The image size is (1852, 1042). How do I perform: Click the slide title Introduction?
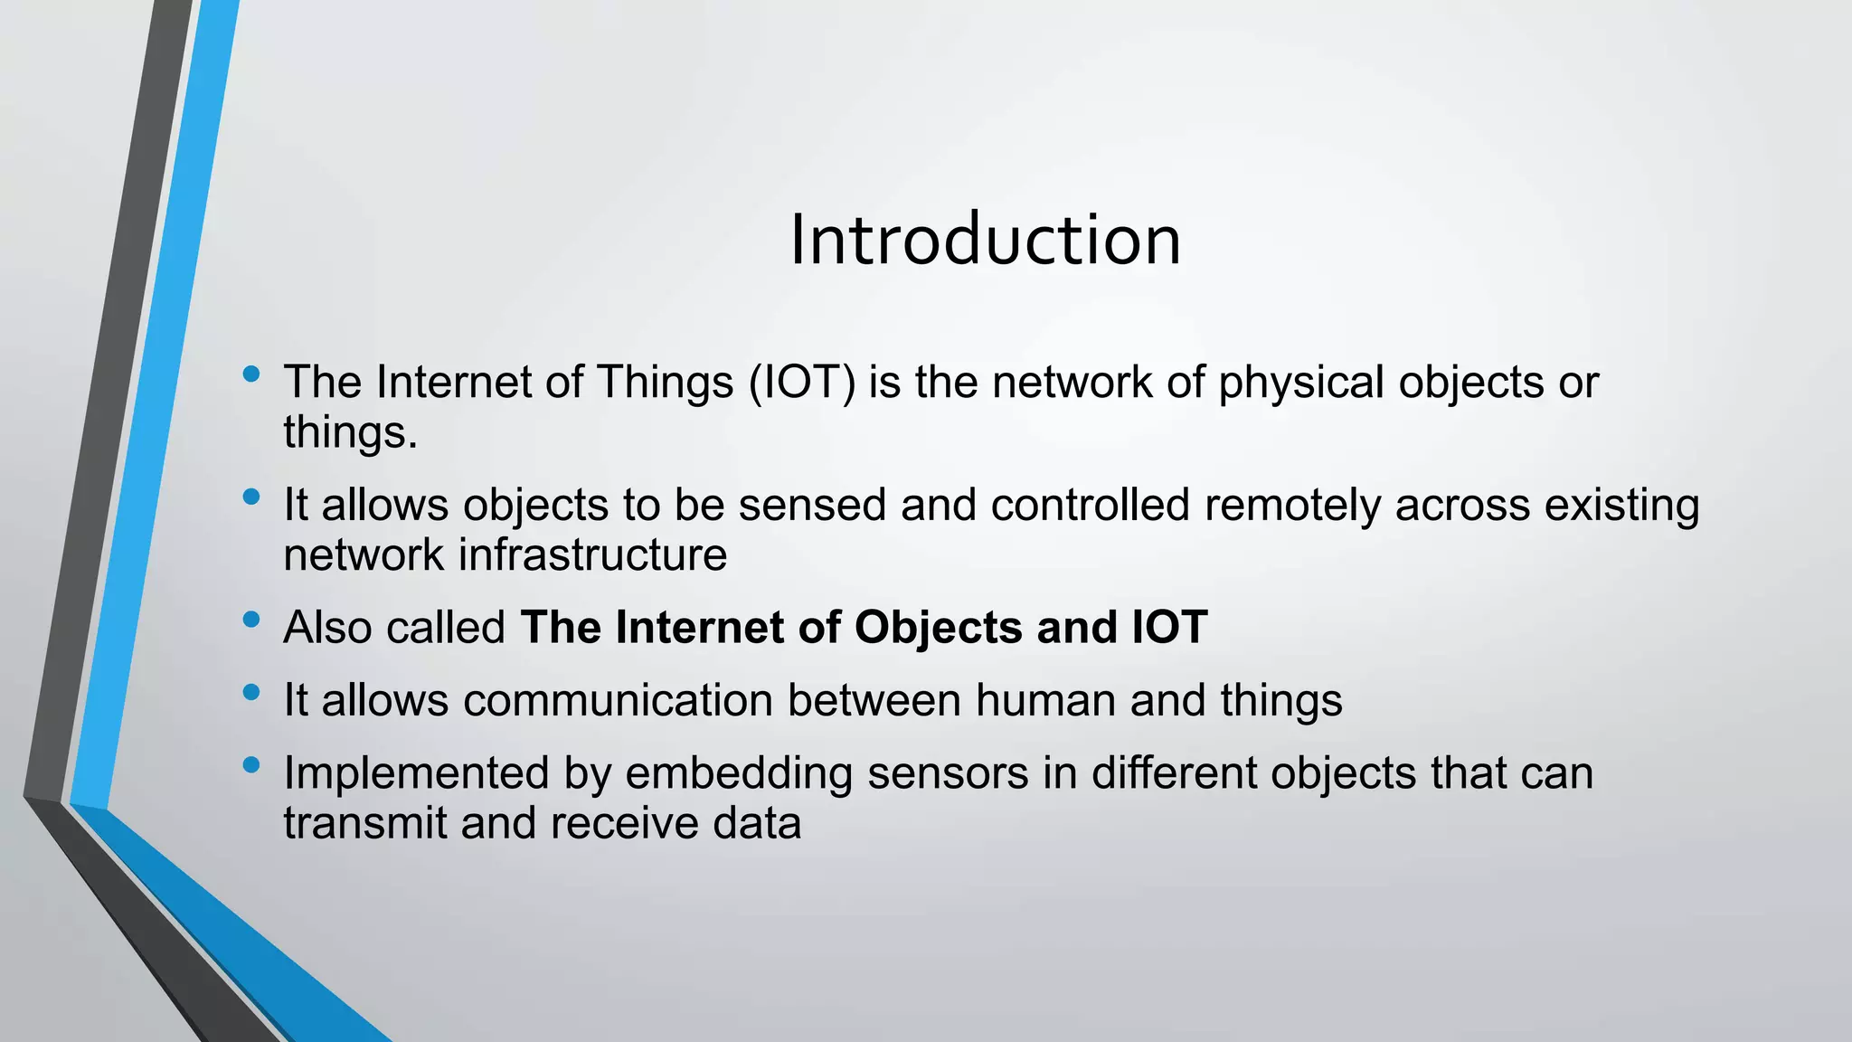pyautogui.click(x=985, y=241)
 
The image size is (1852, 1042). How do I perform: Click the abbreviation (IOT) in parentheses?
pyautogui.click(x=801, y=383)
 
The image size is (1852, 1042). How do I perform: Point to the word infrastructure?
pyautogui.click(x=592, y=554)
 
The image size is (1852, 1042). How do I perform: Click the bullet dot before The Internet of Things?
pyautogui.click(x=251, y=374)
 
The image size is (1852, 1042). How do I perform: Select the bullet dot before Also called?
pyautogui.click(x=251, y=620)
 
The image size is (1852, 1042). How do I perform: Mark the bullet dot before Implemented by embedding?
pyautogui.click(x=251, y=766)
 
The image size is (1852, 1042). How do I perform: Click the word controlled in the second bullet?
pyautogui.click(x=1090, y=505)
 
